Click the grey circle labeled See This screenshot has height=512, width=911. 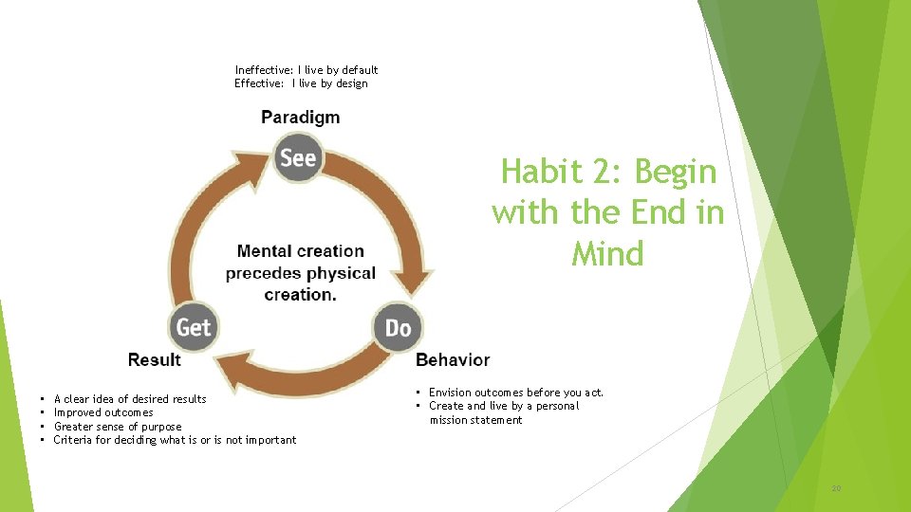(x=298, y=157)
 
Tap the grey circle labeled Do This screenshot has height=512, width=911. (x=398, y=327)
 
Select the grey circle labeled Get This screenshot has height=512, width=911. (x=194, y=327)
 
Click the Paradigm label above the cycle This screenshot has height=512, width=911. (x=300, y=118)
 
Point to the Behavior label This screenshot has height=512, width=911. (x=453, y=360)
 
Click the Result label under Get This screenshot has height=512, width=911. (x=155, y=360)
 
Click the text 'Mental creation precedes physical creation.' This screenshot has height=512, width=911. (x=300, y=273)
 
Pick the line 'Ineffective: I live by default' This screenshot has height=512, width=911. (x=307, y=70)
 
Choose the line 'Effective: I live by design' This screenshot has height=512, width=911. (x=301, y=83)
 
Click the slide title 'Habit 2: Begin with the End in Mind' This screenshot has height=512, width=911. (x=607, y=212)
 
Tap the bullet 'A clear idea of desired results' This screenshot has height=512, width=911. (x=130, y=399)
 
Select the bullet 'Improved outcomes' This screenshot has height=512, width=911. (x=103, y=412)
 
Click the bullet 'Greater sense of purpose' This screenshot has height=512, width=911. (x=118, y=427)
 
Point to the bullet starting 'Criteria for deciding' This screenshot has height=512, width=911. (x=175, y=440)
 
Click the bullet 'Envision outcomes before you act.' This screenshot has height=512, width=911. (x=515, y=393)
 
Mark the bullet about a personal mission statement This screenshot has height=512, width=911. (x=503, y=413)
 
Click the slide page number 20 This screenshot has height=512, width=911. (x=836, y=488)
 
